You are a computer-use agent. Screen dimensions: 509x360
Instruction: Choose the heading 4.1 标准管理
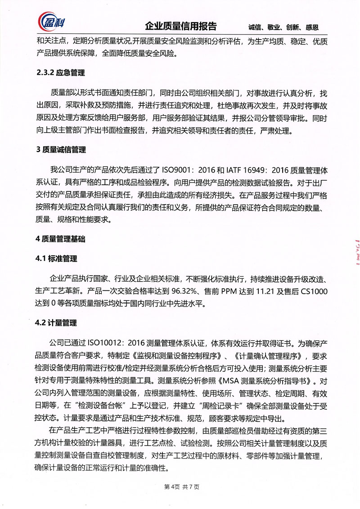[x=56, y=259]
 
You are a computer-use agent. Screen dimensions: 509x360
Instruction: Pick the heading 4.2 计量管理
[x=56, y=323]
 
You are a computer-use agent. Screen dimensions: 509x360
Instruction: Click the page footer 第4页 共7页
[x=180, y=487]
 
